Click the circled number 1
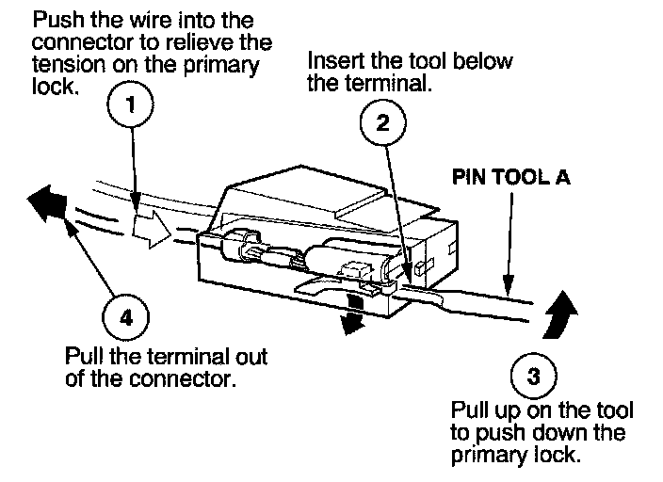click(130, 104)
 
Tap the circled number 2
click(383, 122)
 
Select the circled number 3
click(534, 376)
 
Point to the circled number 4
click(125, 316)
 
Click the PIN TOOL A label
click(511, 177)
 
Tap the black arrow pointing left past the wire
click(47, 203)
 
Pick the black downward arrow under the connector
click(352, 314)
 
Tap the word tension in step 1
click(69, 64)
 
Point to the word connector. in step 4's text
click(183, 378)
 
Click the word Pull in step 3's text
click(468, 410)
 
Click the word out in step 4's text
click(251, 357)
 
